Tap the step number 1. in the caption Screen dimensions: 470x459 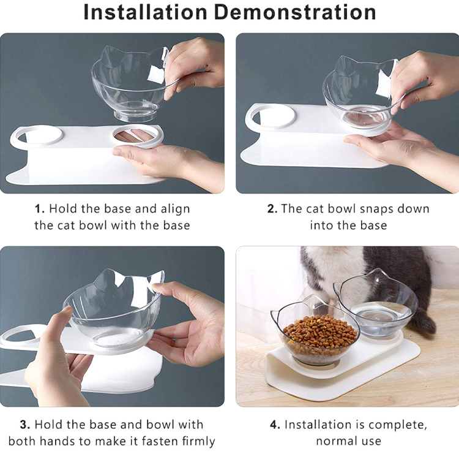coord(40,209)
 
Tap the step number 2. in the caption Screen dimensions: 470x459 coord(272,209)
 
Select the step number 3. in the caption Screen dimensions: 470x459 coord(24,425)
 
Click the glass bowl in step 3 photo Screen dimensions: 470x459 coord(113,309)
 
